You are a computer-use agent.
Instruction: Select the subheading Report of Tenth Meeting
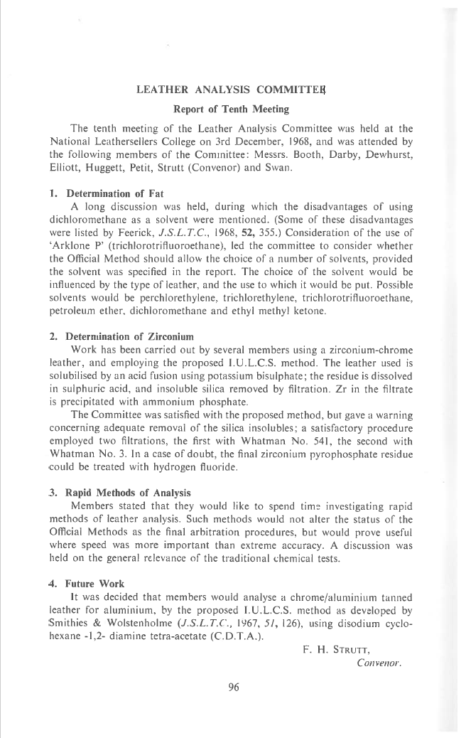pos(231,109)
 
